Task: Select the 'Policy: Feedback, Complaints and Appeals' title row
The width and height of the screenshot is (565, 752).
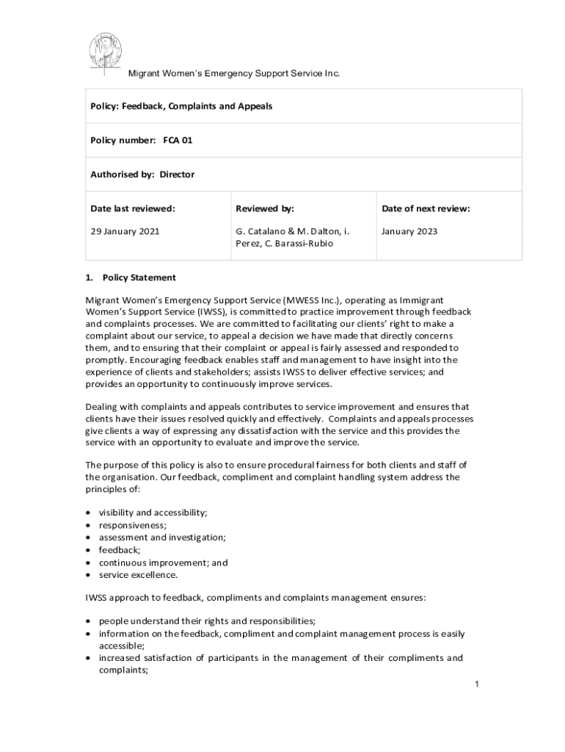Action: pyautogui.click(x=181, y=106)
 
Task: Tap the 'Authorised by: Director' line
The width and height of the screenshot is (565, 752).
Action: pyautogui.click(x=142, y=174)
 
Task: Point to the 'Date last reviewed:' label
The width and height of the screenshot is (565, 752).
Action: pyautogui.click(x=133, y=209)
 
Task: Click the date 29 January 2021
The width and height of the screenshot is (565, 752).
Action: pyautogui.click(x=125, y=231)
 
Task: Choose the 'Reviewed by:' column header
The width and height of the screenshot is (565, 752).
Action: pyautogui.click(x=264, y=209)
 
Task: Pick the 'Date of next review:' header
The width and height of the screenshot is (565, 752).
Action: pyautogui.click(x=426, y=209)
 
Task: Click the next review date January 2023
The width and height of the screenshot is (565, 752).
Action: pyautogui.click(x=409, y=231)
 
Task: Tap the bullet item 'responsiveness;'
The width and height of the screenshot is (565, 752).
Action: pyautogui.click(x=133, y=525)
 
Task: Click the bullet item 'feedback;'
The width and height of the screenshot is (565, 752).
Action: pyautogui.click(x=120, y=550)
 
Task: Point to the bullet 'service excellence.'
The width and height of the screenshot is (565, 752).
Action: pyautogui.click(x=139, y=575)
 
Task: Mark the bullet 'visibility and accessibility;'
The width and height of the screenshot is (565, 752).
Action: pyautogui.click(x=153, y=513)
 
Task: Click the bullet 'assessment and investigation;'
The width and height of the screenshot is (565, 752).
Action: pyautogui.click(x=162, y=538)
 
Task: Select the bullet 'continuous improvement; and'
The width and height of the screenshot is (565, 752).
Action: pyautogui.click(x=163, y=563)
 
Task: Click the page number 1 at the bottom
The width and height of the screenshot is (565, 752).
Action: pyautogui.click(x=476, y=684)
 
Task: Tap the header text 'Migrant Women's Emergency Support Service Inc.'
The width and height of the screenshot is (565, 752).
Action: pyautogui.click(x=234, y=73)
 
